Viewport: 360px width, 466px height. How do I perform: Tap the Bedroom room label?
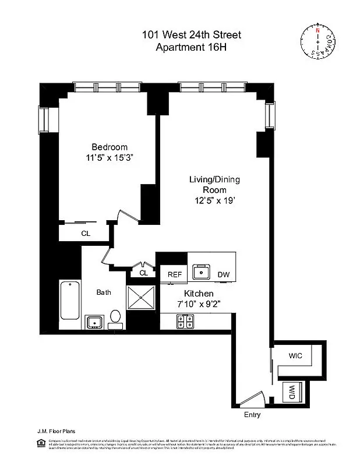[x=109, y=147]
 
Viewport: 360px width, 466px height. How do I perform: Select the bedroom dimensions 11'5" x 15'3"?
[x=109, y=157]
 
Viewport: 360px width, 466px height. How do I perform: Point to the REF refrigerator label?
[x=175, y=274]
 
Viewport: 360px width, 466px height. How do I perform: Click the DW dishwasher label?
[x=224, y=274]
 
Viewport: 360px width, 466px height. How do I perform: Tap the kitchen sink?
[x=202, y=271]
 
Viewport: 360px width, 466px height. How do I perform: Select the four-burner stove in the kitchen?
[x=186, y=320]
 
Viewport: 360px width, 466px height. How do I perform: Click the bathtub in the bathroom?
[x=70, y=301]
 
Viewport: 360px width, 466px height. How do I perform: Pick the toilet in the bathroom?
[x=115, y=317]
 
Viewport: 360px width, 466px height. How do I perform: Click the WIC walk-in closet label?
[x=295, y=355]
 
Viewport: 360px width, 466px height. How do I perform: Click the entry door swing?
[x=251, y=400]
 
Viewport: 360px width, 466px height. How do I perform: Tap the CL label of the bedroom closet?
[x=86, y=233]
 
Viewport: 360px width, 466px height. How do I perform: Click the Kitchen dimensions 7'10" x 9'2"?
[x=199, y=303]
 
